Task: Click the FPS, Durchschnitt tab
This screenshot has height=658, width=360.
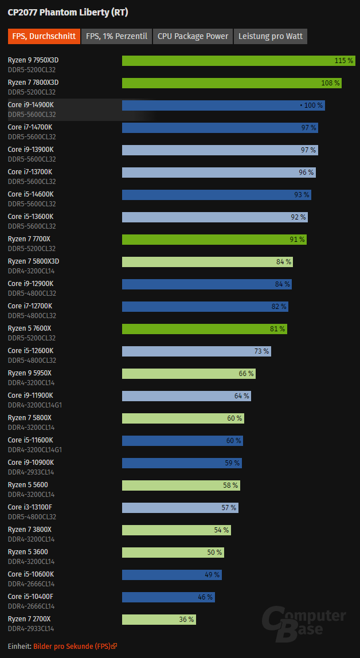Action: (x=44, y=36)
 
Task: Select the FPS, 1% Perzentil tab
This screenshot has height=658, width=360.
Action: (x=116, y=36)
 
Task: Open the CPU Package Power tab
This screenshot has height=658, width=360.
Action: (x=193, y=36)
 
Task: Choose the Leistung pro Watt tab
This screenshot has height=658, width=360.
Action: (x=271, y=36)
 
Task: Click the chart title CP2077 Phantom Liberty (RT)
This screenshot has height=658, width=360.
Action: (x=68, y=13)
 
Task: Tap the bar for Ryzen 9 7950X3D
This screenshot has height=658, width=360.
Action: (x=238, y=60)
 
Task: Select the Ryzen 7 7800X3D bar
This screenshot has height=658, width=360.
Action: (x=232, y=83)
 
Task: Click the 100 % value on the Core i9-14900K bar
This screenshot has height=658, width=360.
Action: (x=313, y=105)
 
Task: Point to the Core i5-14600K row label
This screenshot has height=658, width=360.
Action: (x=30, y=194)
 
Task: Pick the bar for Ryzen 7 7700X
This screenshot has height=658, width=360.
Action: (x=214, y=239)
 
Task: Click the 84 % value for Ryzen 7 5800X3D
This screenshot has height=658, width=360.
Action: (x=283, y=262)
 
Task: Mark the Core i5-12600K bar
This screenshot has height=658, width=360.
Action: (x=197, y=351)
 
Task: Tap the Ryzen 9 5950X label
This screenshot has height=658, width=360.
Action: (x=29, y=373)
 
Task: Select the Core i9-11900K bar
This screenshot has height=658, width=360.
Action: (x=186, y=395)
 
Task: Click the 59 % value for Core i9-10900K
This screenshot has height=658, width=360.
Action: (x=232, y=463)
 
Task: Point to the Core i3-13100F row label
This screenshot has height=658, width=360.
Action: (x=30, y=507)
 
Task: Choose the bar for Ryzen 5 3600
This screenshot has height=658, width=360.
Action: (x=173, y=553)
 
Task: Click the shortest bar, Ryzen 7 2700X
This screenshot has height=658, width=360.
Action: (x=159, y=620)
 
